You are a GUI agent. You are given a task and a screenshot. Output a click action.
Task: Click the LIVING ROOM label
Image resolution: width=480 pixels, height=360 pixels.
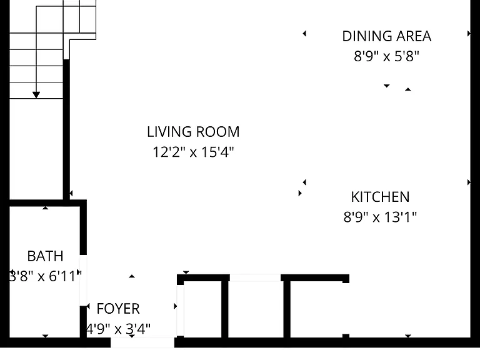coord(193,132)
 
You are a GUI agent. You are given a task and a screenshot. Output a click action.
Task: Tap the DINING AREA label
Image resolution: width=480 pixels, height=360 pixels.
coord(387,36)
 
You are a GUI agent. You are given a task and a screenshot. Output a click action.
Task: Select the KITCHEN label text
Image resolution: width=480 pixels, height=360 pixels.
coord(380,197)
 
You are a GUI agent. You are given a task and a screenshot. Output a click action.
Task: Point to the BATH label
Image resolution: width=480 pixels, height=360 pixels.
coord(45,256)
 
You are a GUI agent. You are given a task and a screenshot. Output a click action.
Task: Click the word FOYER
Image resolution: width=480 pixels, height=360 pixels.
coord(118,309)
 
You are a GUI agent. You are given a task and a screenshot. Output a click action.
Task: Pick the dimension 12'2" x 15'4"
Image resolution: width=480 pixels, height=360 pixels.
coord(193,152)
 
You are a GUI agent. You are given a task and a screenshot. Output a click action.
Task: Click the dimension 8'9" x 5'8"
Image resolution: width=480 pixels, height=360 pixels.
coord(386,56)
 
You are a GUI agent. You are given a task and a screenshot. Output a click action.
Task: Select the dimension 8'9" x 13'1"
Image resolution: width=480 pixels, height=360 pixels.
coord(380,217)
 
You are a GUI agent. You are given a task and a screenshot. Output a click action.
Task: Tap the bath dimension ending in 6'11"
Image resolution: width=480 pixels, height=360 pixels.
coord(45,276)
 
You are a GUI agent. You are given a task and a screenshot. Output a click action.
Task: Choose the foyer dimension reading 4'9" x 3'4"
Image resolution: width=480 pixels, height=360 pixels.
coord(119,329)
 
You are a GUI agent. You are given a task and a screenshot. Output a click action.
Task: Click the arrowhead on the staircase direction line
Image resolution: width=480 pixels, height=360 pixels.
coord(36,95)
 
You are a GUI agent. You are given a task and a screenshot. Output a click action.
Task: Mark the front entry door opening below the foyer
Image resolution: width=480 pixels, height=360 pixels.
coord(142,342)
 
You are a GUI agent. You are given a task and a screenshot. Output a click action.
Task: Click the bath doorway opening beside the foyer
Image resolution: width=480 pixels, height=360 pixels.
coord(83,280)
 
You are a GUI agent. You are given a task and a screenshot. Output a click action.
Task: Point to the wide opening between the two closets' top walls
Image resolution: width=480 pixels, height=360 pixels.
coord(255,277)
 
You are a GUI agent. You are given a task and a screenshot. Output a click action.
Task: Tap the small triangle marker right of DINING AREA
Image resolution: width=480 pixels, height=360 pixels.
coord(469,34)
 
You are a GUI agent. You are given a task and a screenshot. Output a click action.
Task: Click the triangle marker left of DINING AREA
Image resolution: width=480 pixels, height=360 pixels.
coord(304,33)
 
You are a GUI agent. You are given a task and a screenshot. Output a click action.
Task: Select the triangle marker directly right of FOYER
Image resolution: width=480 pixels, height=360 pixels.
coord(176,306)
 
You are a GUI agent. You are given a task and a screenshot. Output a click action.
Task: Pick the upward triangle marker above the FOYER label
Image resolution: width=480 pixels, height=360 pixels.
coord(132,276)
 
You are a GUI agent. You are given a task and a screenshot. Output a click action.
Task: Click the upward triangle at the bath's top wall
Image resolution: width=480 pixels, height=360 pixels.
coord(45,208)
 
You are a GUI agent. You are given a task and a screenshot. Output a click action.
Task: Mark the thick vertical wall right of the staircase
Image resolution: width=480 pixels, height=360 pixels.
coord(66,130)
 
